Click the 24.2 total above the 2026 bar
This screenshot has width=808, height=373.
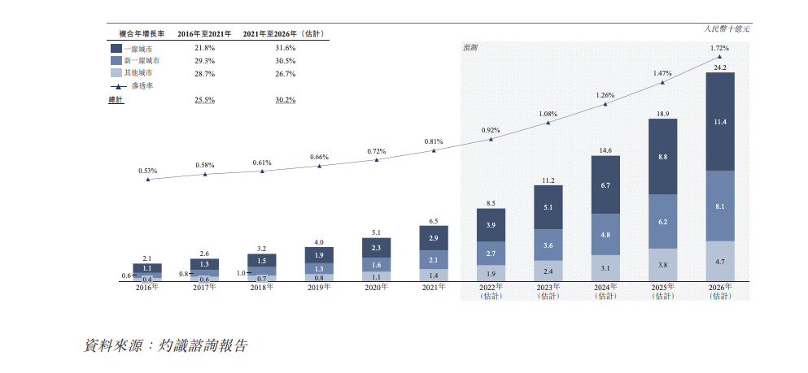coord(719,67)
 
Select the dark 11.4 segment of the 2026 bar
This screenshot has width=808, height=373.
coord(719,122)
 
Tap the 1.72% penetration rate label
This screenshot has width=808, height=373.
coord(719,48)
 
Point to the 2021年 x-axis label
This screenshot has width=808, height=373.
coord(434,288)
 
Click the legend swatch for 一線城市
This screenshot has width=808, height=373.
coord(116,48)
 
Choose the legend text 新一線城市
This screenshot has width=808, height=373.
coord(142,61)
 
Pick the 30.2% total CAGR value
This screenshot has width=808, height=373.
coord(286,100)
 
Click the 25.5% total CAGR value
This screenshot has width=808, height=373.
coord(204,100)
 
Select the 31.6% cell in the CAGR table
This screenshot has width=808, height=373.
coord(286,48)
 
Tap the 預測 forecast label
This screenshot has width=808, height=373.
coord(471,48)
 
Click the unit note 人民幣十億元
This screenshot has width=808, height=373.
coord(727,28)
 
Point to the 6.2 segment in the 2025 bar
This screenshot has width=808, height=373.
coord(662,221)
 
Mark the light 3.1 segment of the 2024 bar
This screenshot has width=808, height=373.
coord(605,268)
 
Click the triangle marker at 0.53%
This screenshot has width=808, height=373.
coord(147,179)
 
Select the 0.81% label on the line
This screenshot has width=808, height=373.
coord(434,141)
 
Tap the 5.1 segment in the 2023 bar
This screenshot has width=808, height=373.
coord(548,206)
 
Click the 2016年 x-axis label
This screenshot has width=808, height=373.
coord(147,288)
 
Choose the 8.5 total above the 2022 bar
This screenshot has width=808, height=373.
coord(491,203)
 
